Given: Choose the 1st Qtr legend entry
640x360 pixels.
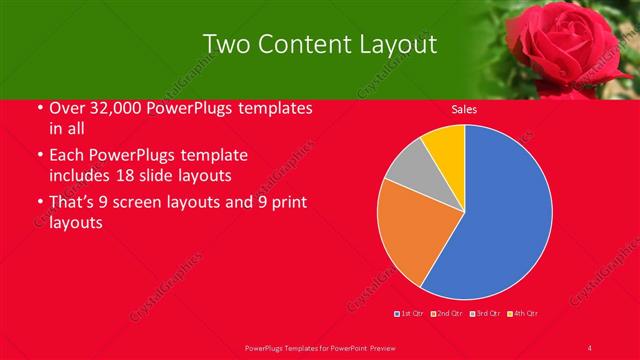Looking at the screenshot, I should click(411, 313).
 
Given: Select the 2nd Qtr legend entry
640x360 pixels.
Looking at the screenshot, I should click(447, 313).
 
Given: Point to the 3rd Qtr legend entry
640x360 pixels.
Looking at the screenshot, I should click(483, 313).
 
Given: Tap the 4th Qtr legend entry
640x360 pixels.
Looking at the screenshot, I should click(522, 313).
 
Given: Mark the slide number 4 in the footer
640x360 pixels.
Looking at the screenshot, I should click(590, 347).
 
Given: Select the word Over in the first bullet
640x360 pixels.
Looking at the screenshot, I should click(66, 107).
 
